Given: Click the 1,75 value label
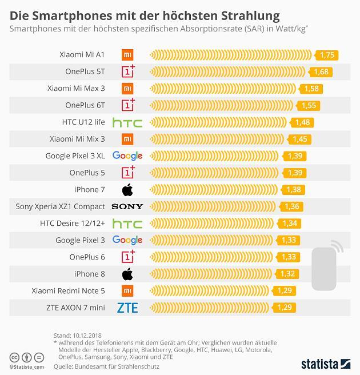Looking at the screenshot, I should point(327,55).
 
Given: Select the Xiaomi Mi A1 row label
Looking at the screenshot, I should point(82,55).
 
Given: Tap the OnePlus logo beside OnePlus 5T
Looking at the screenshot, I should point(127,71).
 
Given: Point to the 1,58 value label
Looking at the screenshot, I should point(312,89).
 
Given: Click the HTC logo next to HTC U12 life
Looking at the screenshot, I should point(127,122).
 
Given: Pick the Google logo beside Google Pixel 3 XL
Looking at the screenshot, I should point(127,156).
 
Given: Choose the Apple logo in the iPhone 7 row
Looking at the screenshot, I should point(127,190).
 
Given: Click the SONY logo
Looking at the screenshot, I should point(127,206).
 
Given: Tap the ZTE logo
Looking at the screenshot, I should point(127,308).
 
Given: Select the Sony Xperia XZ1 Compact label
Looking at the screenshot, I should point(60,206).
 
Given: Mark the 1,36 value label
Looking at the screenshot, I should point(291,206).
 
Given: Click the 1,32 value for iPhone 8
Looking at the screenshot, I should point(288,274).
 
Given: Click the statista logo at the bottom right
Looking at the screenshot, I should point(325,364).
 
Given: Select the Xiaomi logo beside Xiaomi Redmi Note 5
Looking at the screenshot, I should point(127,290).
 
